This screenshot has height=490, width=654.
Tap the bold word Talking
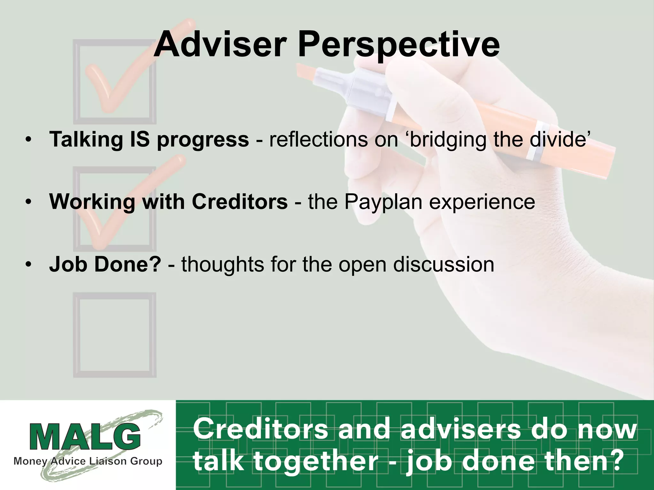click(x=86, y=140)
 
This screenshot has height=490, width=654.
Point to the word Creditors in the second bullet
click(x=240, y=202)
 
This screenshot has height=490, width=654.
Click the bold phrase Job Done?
click(x=105, y=264)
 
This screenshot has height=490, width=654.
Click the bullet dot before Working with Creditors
click(x=29, y=202)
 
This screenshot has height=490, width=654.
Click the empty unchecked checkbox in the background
click(x=115, y=335)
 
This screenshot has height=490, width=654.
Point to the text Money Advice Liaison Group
click(x=88, y=461)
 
